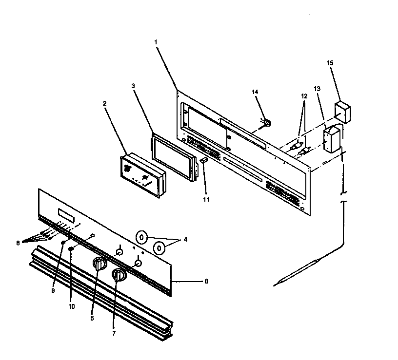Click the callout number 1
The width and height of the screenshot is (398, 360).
click(156, 42)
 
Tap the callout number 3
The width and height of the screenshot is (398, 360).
click(133, 86)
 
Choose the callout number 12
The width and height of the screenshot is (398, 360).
click(304, 96)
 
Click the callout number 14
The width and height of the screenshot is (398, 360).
click(254, 92)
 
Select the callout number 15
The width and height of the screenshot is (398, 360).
click(329, 63)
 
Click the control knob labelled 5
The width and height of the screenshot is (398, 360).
click(99, 265)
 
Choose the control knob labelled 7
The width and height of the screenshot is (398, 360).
click(119, 276)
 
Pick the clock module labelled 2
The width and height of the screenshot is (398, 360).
click(142, 174)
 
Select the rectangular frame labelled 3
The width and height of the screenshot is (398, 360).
click(174, 157)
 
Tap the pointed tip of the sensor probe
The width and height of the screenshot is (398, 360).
click(276, 284)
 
